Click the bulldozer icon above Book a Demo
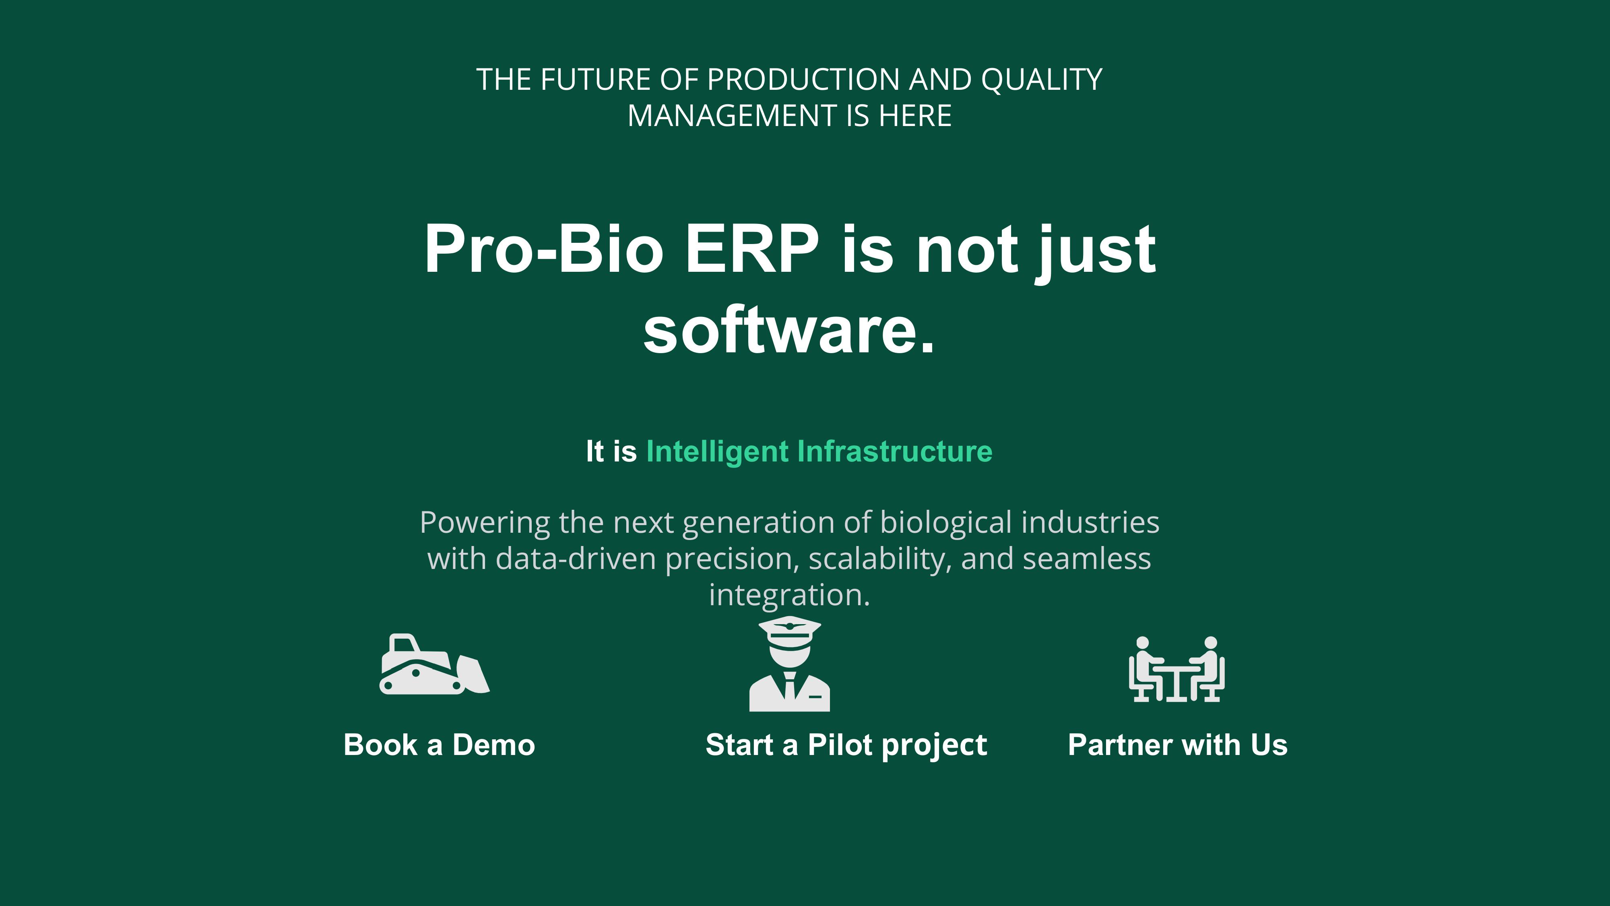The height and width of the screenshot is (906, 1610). coord(434,664)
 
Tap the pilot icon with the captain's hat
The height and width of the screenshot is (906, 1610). coord(789,664)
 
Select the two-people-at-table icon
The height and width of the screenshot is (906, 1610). coord(1176,669)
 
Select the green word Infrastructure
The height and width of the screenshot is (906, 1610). coord(895,451)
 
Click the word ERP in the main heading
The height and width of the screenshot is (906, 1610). coord(752,249)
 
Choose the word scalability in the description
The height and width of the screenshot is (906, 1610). coord(880,559)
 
